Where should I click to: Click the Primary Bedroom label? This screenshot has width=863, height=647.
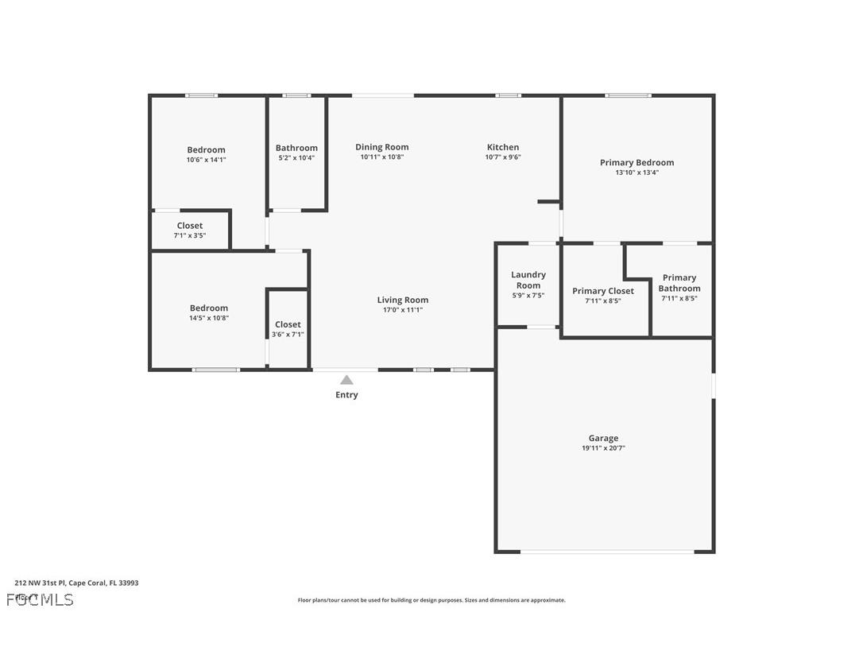637,163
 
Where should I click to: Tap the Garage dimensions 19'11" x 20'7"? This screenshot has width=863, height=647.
603,448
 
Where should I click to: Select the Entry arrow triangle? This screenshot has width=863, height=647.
346,380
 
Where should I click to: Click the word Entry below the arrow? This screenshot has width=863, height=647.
346,395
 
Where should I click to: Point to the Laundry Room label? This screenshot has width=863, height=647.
528,280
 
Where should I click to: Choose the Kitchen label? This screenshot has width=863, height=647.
503,147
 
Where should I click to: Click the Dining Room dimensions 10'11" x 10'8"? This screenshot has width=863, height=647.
382,157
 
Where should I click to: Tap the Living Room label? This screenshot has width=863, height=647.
403,300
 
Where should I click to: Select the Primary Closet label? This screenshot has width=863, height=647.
603,291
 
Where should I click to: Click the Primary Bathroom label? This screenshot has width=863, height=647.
679,283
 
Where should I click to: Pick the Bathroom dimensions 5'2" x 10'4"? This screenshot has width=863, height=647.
296,158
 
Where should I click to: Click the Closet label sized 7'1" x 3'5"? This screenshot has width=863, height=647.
190,226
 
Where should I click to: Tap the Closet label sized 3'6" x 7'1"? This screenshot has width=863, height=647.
288,324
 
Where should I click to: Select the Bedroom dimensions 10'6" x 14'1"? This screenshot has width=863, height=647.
206,160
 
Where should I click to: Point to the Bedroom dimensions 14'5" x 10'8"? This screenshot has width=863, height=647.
209,318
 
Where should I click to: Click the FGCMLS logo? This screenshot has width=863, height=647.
40,599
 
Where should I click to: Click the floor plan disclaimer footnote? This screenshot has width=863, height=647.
431,600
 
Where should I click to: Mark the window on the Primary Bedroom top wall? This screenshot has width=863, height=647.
628,95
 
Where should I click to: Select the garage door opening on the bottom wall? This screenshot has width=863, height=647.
607,551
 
